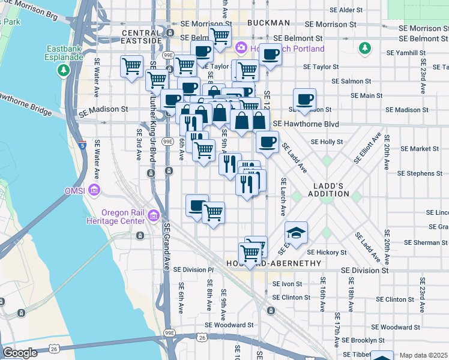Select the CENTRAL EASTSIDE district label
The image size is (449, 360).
click(x=142, y=37)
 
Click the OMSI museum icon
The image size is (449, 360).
click(x=94, y=191)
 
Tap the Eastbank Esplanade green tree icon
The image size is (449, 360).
click(x=64, y=71)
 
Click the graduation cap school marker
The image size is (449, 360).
click(x=295, y=232)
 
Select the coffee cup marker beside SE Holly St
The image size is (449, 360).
click(x=267, y=142)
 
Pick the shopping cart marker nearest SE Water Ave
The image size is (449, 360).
click(x=131, y=67)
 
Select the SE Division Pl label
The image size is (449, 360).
click(x=193, y=270)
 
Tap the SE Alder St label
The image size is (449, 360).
click(x=342, y=10)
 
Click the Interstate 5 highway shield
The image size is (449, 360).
click(x=82, y=145)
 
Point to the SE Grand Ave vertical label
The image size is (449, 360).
click(x=167, y=247)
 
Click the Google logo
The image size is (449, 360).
click(x=20, y=353)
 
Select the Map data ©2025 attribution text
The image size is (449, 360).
click(x=423, y=355)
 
